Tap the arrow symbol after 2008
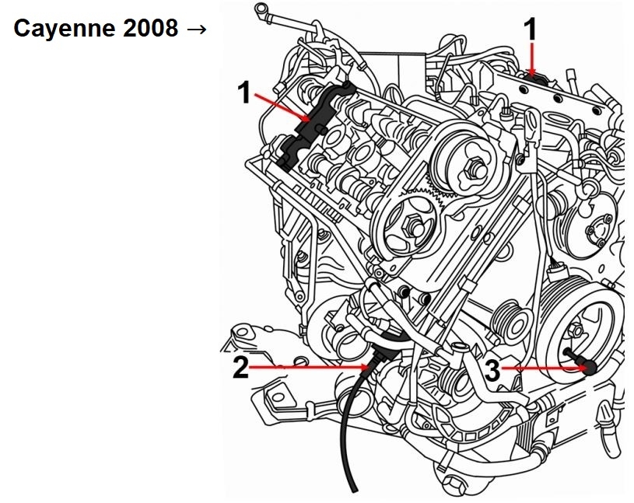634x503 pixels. (x=197, y=30)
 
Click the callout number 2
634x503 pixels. (x=241, y=366)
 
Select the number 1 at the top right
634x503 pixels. (x=531, y=30)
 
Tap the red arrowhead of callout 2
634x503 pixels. (x=367, y=365)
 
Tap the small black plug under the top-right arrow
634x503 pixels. (x=532, y=75)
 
